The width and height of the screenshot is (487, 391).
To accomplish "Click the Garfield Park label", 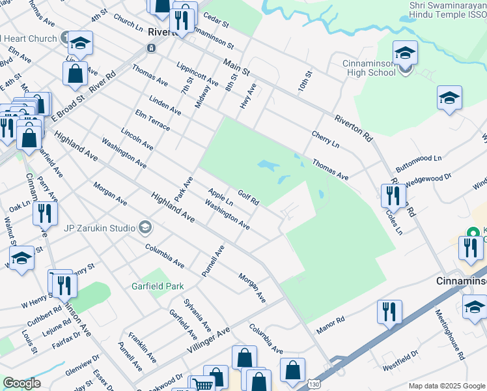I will click(156, 286).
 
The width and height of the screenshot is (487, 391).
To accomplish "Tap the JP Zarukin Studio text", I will click(100, 228).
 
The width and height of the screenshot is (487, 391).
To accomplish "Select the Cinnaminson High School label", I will click(369, 68).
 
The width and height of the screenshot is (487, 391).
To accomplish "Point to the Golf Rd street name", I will click(249, 196).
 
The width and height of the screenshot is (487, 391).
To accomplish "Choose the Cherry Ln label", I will click(325, 138).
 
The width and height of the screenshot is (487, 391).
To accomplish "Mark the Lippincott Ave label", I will click(197, 78).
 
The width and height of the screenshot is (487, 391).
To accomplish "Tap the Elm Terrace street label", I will click(152, 121).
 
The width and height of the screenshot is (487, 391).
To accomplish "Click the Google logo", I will click(21, 383).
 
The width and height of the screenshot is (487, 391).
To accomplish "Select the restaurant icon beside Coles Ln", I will click(393, 194).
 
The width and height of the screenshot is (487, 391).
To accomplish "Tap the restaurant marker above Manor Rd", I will click(389, 311).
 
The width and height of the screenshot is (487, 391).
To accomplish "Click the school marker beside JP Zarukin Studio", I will click(145, 227).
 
